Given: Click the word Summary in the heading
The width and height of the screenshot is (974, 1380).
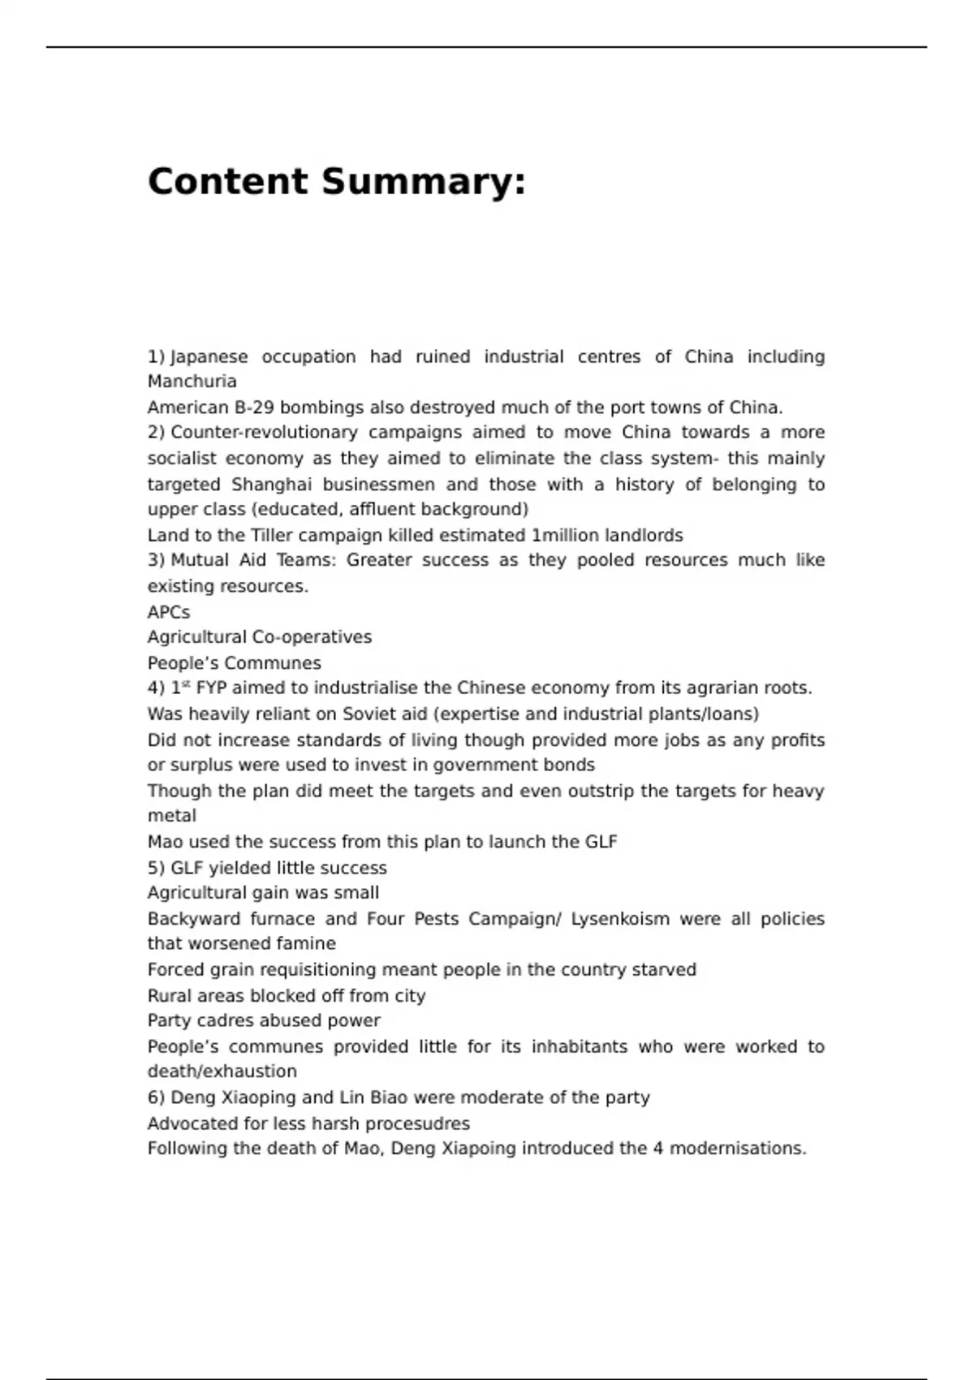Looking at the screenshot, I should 424,182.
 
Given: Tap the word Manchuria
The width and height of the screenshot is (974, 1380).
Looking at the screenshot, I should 192,382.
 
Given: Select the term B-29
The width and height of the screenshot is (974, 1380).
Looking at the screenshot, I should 253,408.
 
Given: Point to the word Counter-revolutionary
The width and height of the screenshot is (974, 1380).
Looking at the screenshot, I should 264,433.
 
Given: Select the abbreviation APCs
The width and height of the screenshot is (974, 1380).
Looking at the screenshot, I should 169,612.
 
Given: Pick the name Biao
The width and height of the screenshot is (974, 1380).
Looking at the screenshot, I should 388,1098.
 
